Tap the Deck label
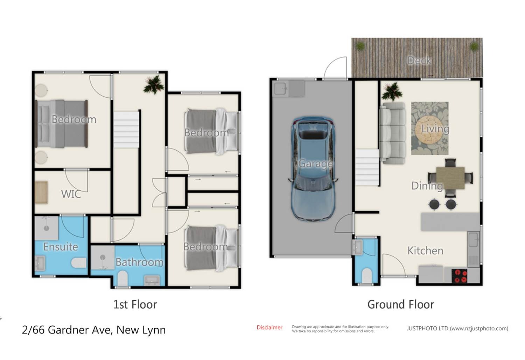419,61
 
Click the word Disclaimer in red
269,327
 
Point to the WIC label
71,194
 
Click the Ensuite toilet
79,263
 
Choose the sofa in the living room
392,133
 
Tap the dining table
450,178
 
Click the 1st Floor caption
135,304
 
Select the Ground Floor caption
400,304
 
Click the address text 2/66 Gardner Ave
94,330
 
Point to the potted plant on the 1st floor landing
153,85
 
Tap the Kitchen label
425,251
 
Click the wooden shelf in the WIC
41,193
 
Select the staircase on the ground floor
367,167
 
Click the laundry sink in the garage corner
281,88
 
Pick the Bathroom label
139,262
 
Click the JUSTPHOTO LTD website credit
457,328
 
